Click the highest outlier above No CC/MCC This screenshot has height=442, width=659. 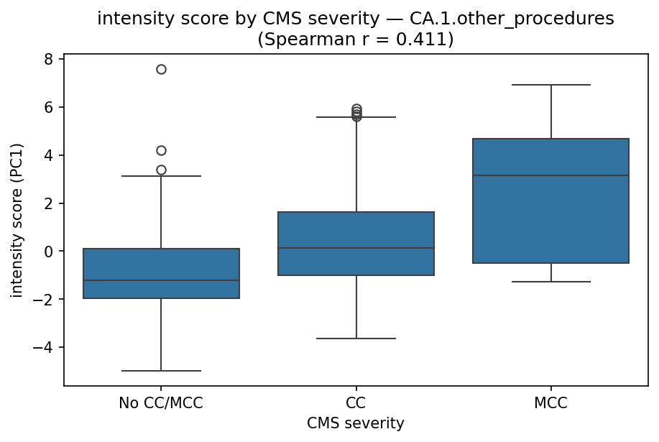click(x=161, y=69)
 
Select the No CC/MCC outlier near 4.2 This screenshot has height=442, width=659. click(x=161, y=150)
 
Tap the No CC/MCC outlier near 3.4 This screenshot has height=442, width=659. click(x=161, y=170)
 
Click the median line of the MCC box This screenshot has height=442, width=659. click(x=550, y=175)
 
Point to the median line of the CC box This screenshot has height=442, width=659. click(x=356, y=248)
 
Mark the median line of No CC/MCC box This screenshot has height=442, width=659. click(x=161, y=280)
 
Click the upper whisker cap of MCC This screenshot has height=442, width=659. click(x=550, y=85)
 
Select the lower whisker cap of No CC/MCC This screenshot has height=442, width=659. click(x=161, y=371)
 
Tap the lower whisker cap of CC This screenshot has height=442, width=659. click(x=356, y=339)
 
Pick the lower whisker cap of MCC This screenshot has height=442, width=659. click(x=550, y=282)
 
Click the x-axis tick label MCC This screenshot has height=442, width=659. click(x=550, y=403)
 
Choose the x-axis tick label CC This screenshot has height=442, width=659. click(x=356, y=403)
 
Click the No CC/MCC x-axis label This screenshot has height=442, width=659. click(x=161, y=403)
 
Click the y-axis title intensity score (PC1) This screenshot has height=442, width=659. click(x=17, y=220)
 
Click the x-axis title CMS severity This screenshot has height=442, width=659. click(x=356, y=424)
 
